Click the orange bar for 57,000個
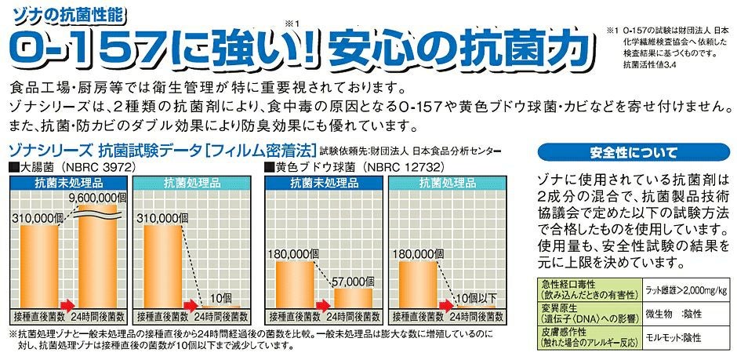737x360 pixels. pyautogui.click(x=354, y=300)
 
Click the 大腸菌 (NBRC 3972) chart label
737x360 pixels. pyautogui.click(x=77, y=167)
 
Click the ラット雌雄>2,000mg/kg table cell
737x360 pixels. pyautogui.click(x=687, y=289)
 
